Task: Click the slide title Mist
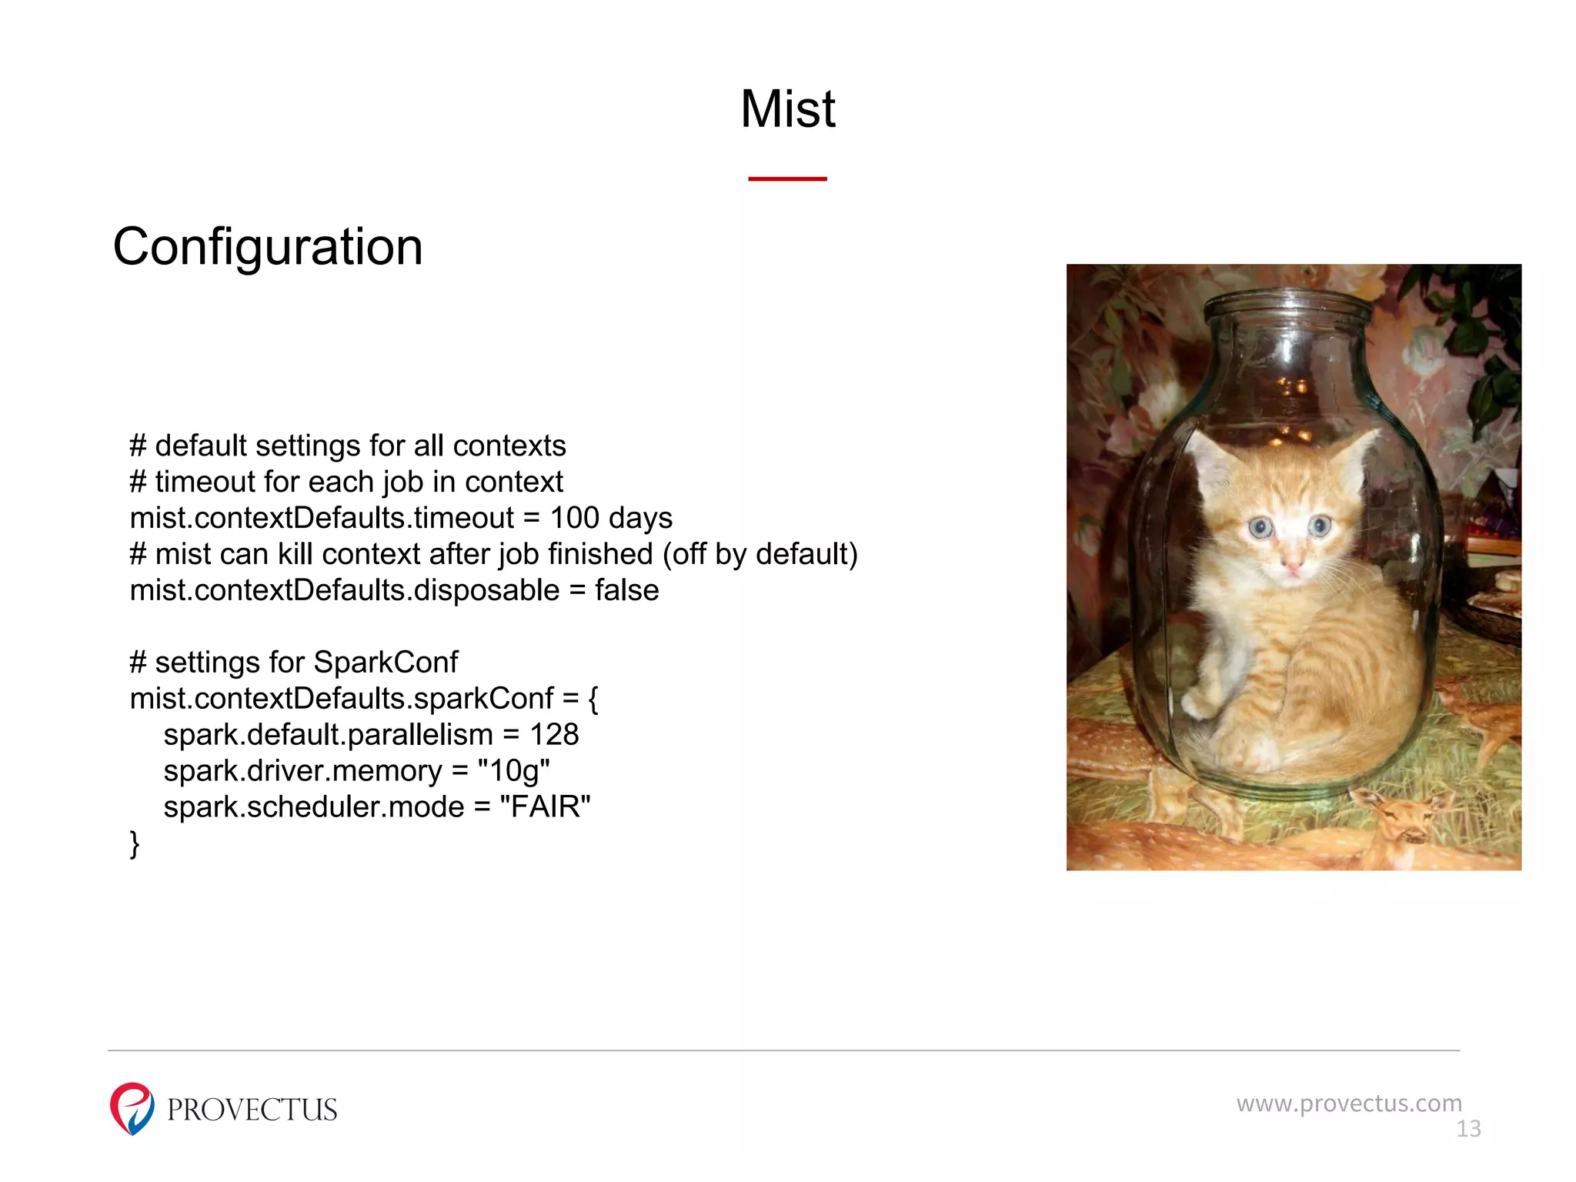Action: (x=787, y=109)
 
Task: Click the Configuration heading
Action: (x=268, y=248)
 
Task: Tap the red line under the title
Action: (x=787, y=179)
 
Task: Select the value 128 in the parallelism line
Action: (x=554, y=735)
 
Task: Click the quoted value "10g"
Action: (x=513, y=771)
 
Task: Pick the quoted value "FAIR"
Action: (x=545, y=807)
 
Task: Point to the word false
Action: (x=626, y=591)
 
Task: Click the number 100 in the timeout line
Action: (x=574, y=519)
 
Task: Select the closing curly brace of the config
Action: (x=135, y=844)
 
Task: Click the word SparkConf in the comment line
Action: (x=386, y=663)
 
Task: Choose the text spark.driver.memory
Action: (x=302, y=771)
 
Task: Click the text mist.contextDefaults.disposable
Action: (x=345, y=591)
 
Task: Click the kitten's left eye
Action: (x=1260, y=528)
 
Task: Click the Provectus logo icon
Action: (x=132, y=1109)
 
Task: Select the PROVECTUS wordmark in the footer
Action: (x=252, y=1110)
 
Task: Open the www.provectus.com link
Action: (x=1349, y=1104)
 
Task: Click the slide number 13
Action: (x=1468, y=1129)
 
